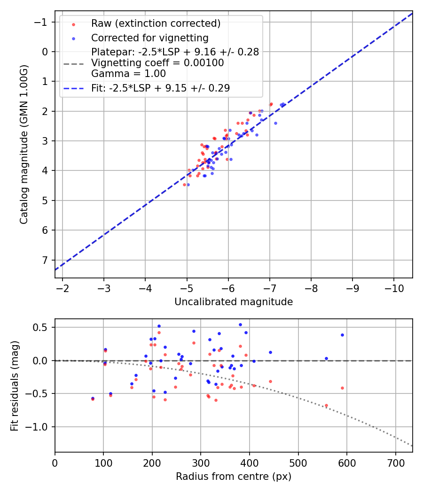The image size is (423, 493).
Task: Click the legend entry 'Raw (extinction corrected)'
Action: [156, 23]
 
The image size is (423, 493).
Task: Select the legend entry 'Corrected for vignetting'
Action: [149, 38]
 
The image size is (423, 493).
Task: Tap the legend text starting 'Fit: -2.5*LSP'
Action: [160, 88]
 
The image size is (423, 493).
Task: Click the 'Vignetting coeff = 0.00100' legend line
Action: [157, 63]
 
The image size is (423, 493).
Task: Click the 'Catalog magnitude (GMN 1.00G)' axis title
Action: [24, 145]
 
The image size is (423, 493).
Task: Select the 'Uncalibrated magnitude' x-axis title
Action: [234, 302]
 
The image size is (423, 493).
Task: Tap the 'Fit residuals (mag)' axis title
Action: [15, 385]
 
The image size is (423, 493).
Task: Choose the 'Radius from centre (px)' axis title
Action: [234, 477]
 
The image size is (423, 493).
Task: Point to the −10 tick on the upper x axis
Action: [394, 287]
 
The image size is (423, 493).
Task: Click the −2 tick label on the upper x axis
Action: [63, 287]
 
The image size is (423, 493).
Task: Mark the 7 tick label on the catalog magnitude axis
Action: [46, 260]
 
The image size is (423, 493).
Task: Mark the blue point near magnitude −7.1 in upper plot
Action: [275, 123]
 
